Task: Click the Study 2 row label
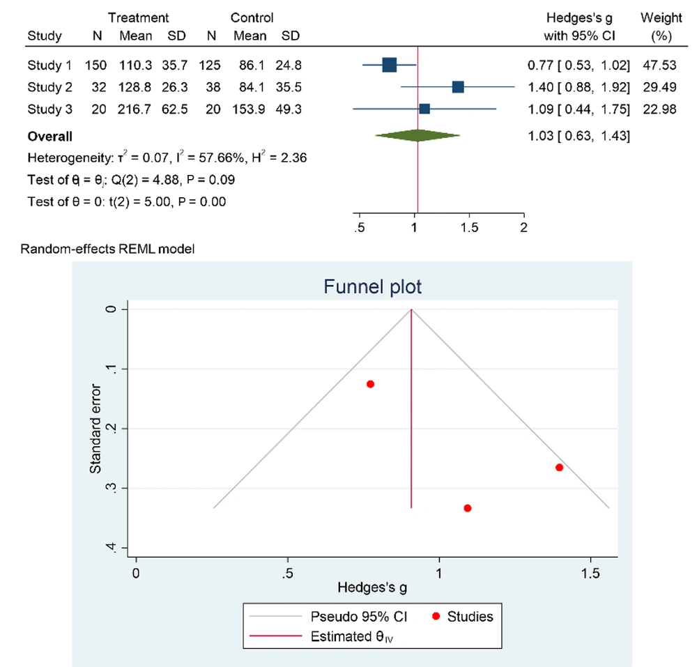pyautogui.click(x=49, y=87)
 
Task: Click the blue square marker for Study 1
pyautogui.click(x=389, y=66)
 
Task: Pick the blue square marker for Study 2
pyautogui.click(x=458, y=87)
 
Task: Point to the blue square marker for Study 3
pyautogui.click(x=424, y=109)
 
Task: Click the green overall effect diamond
pyautogui.click(x=417, y=136)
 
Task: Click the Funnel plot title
pyautogui.click(x=372, y=286)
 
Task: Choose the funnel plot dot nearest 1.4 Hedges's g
pyautogui.click(x=559, y=467)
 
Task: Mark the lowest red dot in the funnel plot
pyautogui.click(x=467, y=508)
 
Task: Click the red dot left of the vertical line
pyautogui.click(x=370, y=384)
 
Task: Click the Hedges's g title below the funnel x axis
pyautogui.click(x=372, y=588)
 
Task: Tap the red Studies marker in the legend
pyautogui.click(x=436, y=616)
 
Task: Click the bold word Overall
pyautogui.click(x=49, y=137)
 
